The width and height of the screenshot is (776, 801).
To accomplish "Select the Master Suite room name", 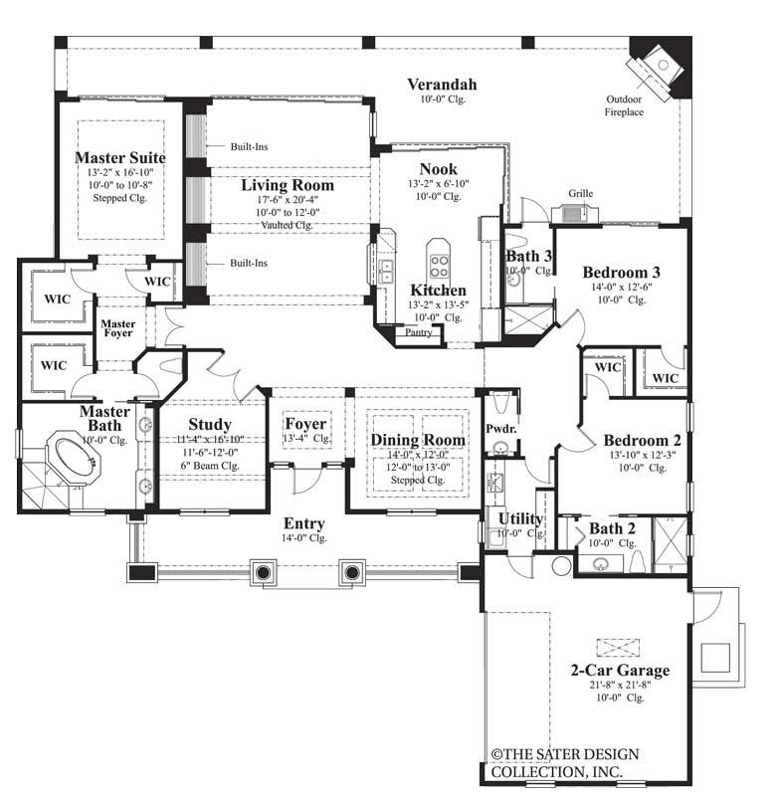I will (x=119, y=157).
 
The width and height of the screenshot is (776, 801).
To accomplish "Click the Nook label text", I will (x=438, y=168).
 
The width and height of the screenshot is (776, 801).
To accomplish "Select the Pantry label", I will (x=418, y=332).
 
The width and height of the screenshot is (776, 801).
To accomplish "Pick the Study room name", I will (x=209, y=424).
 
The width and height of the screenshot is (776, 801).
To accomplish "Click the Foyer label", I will (x=305, y=423).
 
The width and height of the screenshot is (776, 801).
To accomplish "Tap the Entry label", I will (x=303, y=523).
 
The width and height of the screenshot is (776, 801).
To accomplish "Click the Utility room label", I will (x=520, y=518).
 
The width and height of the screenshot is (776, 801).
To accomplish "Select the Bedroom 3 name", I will (x=621, y=272).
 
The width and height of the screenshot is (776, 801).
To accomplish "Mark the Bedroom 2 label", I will (x=641, y=440).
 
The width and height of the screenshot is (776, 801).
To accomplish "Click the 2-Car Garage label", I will (x=620, y=670).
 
